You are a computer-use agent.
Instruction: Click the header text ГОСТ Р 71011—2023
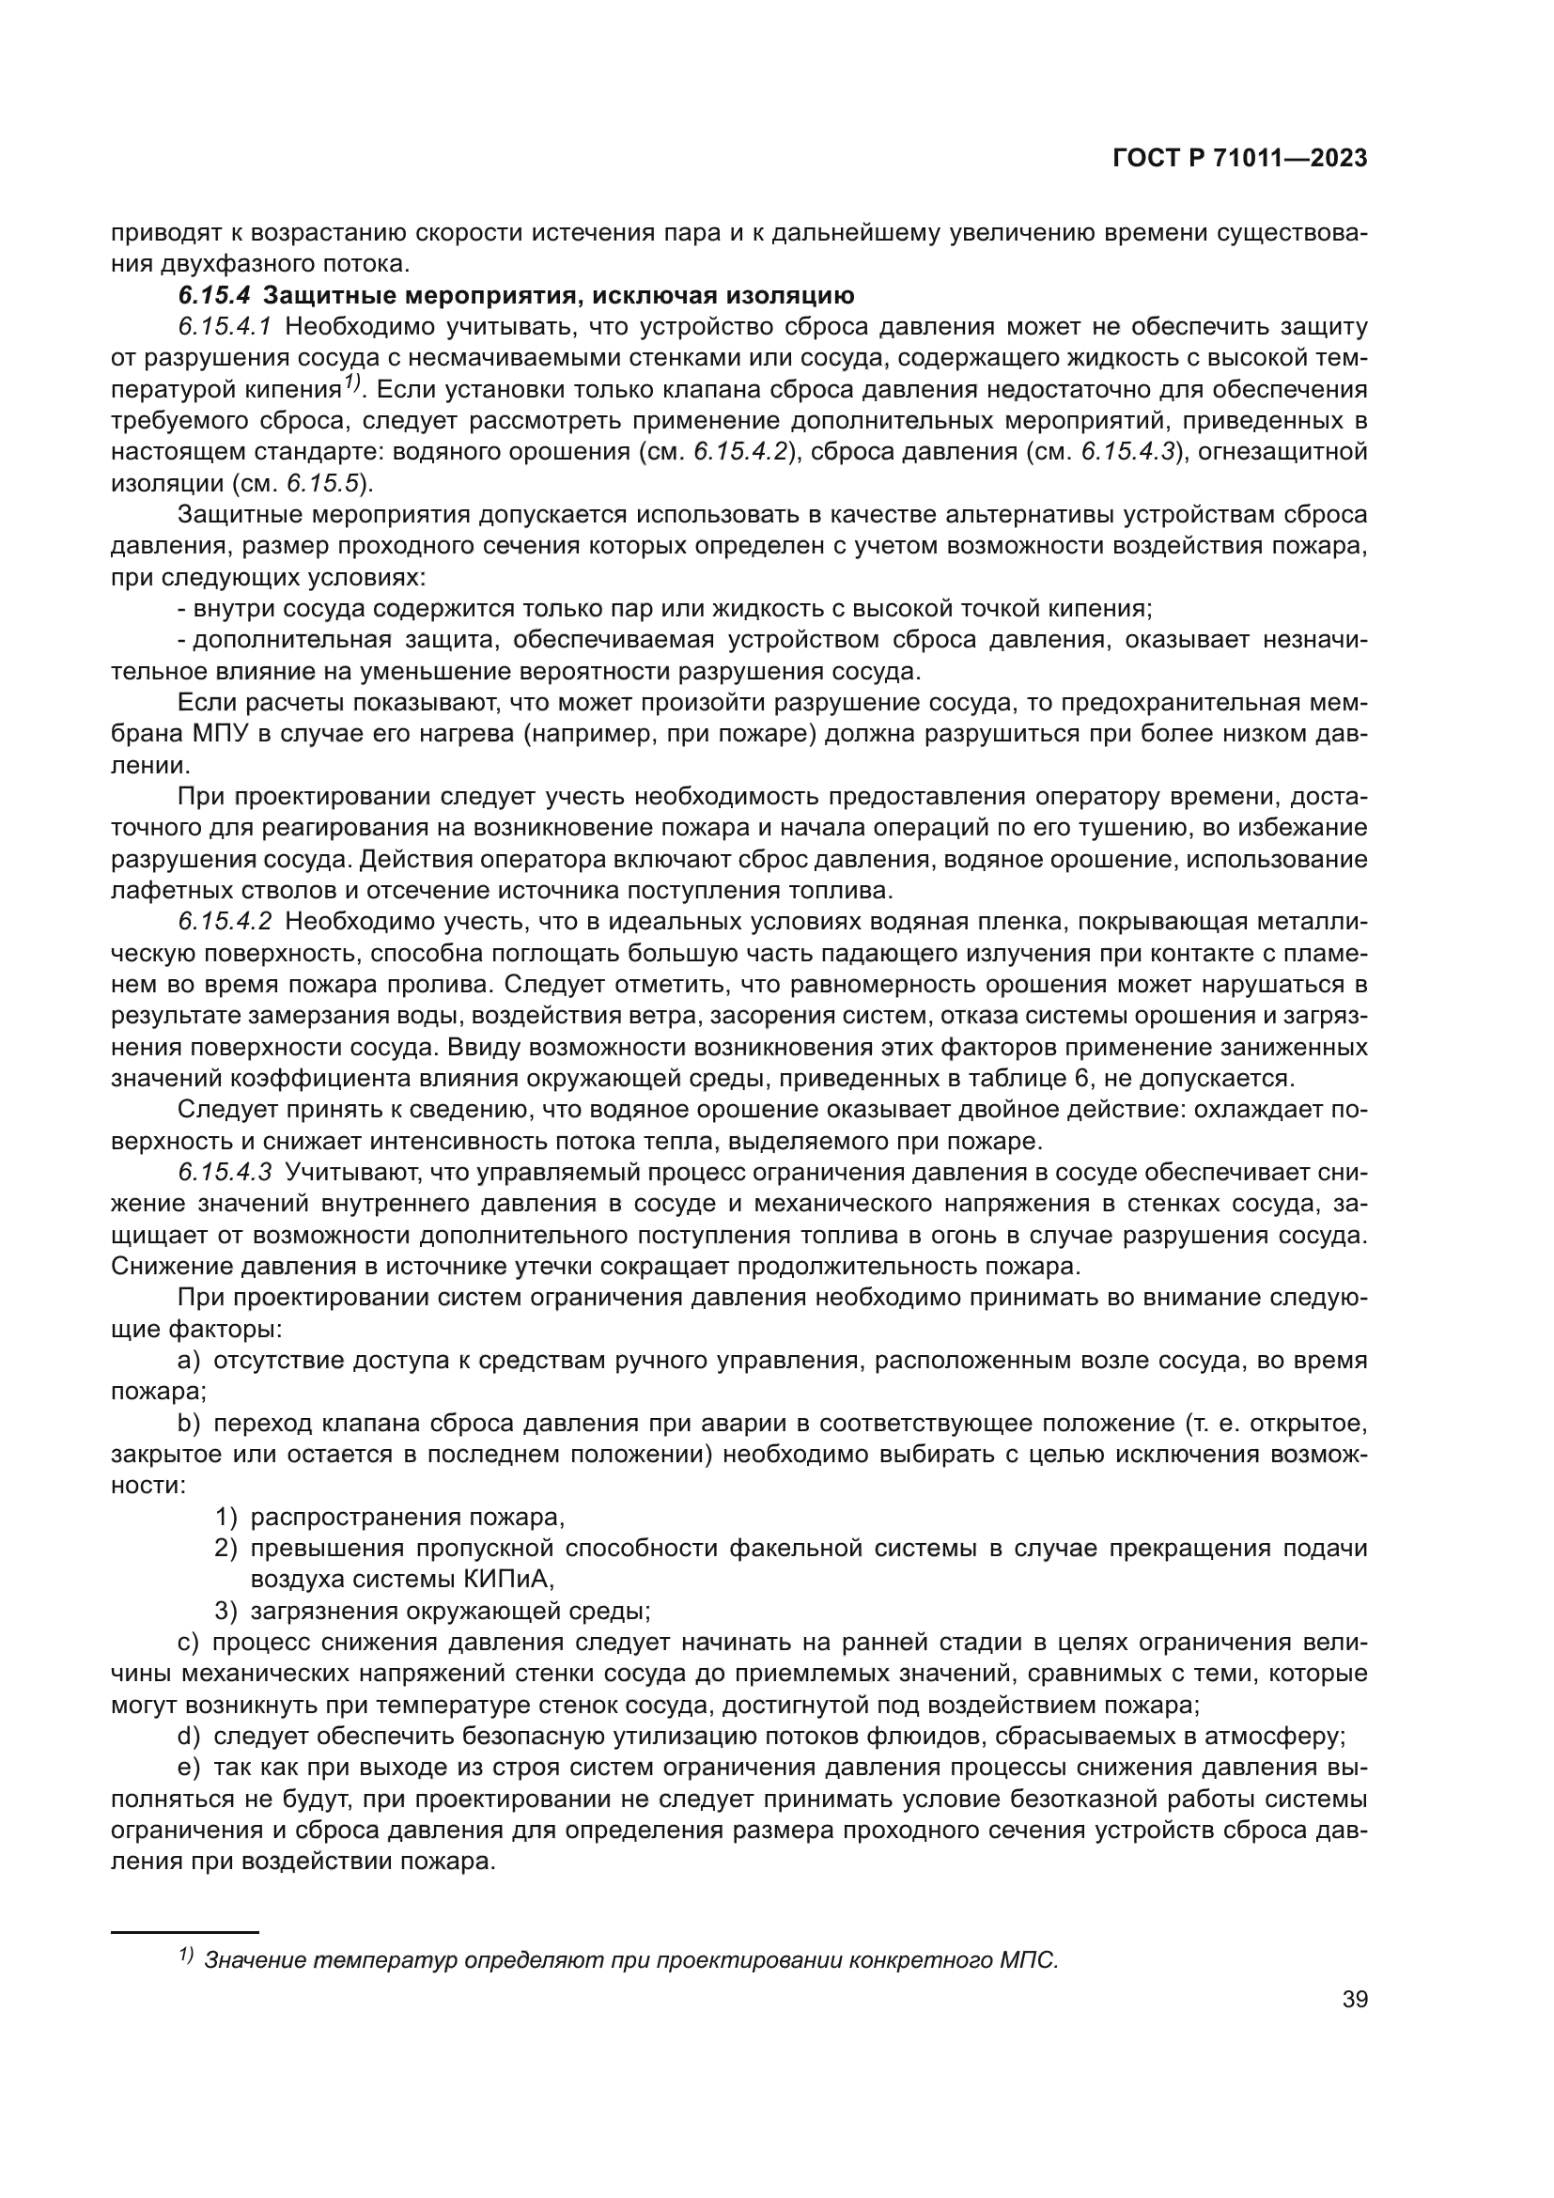coord(1239,159)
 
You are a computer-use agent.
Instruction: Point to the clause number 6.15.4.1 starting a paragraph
coord(225,326)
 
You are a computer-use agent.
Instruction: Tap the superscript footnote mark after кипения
coord(351,382)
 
